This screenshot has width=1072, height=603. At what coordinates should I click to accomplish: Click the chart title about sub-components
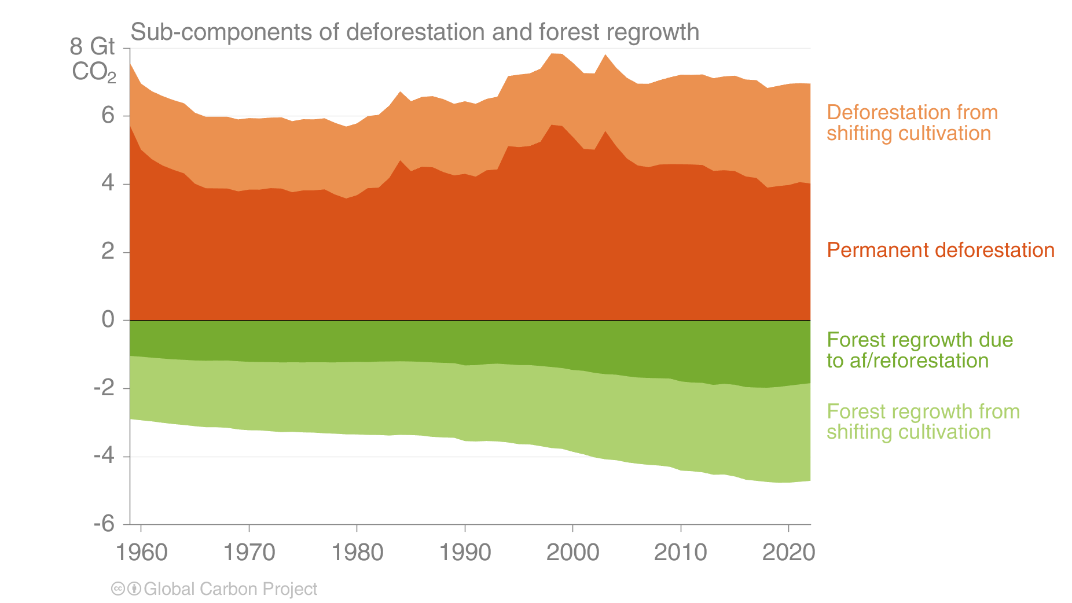(414, 32)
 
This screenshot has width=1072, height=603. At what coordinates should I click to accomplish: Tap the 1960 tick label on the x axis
(142, 552)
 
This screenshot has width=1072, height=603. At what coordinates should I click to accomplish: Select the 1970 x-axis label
(249, 552)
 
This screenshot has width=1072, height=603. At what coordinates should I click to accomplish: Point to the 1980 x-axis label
(357, 552)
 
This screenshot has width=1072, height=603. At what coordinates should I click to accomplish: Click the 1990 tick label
(465, 552)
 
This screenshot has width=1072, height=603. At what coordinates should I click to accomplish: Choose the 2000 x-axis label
(572, 552)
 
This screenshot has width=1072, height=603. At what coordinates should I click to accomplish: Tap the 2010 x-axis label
(680, 552)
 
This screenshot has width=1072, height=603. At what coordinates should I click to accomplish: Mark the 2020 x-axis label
(788, 552)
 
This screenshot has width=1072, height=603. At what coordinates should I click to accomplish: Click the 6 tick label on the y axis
(108, 116)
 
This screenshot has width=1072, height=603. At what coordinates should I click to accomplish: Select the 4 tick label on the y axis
(108, 184)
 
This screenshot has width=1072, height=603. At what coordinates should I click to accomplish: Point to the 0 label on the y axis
(108, 319)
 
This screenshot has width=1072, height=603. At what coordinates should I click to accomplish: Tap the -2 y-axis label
(104, 388)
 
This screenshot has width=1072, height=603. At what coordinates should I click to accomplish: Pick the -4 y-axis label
(104, 456)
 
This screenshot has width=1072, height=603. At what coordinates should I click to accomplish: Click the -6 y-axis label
(104, 524)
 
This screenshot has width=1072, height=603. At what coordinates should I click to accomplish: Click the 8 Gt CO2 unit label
(93, 59)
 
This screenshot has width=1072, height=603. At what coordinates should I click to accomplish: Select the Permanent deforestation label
(940, 250)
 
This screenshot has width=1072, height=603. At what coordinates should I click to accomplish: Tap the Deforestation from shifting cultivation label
(912, 123)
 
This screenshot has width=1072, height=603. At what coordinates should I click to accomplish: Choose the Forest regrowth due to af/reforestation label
(919, 350)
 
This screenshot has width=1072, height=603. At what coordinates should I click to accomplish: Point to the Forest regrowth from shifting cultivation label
(923, 422)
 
